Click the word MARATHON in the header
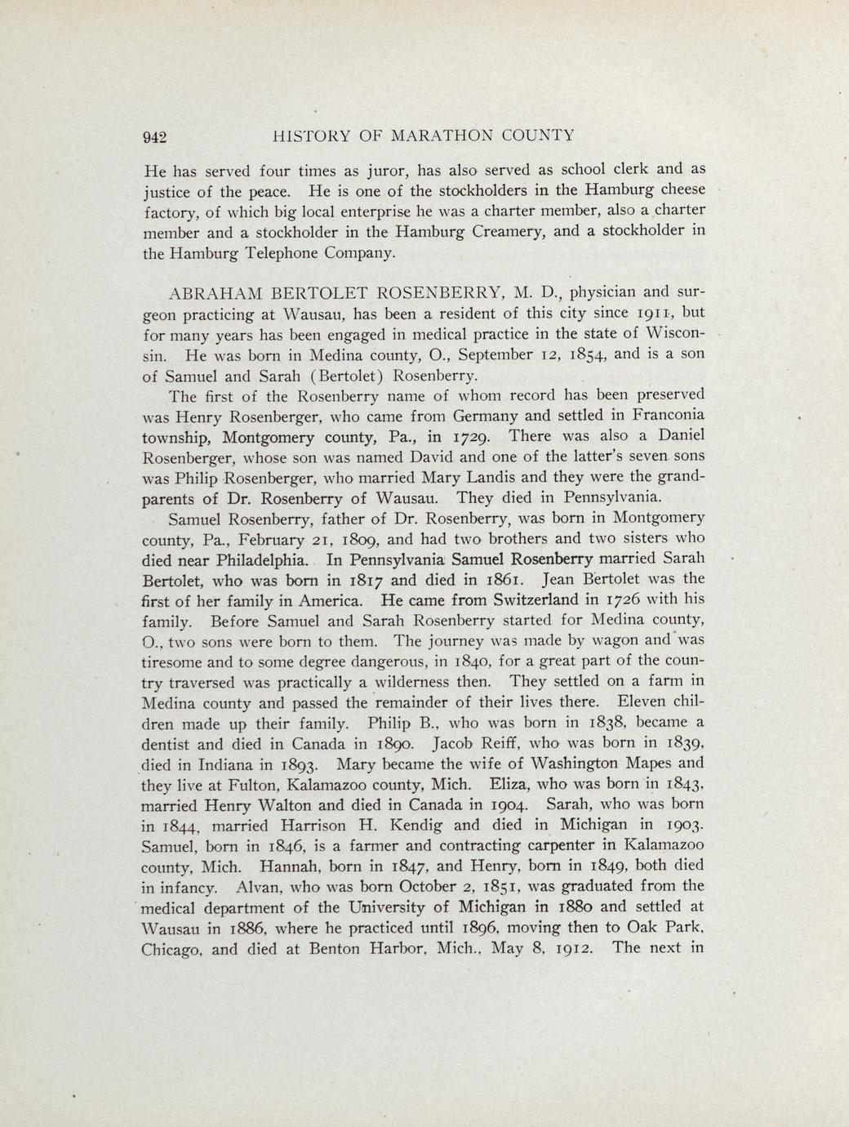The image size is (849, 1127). [441, 136]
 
